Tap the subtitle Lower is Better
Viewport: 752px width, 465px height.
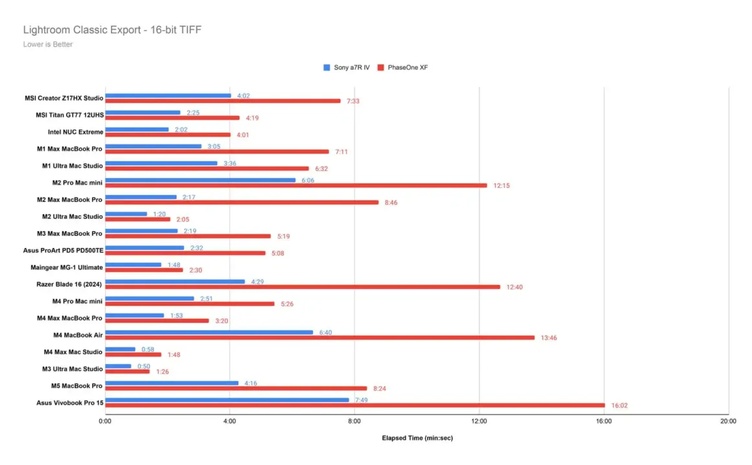pos(48,45)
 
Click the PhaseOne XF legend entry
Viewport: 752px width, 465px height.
pos(407,67)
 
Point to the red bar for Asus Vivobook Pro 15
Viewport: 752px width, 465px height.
pos(355,405)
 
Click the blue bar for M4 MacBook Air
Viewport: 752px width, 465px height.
pos(210,332)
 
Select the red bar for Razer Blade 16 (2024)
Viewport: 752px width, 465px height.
pos(303,287)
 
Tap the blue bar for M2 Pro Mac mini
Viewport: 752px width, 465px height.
pos(200,180)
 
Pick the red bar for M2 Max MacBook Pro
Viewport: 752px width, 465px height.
pos(242,202)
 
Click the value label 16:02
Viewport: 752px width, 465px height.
pos(619,405)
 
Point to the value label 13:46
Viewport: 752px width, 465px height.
pos(549,337)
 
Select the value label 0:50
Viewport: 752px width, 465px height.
pos(144,366)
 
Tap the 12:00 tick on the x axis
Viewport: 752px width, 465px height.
pos(479,421)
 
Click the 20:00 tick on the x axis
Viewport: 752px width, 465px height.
pos(728,421)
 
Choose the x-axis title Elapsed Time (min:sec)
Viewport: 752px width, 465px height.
pos(417,438)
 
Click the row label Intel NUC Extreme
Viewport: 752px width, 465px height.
pos(75,132)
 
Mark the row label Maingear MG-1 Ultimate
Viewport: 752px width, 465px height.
pos(67,267)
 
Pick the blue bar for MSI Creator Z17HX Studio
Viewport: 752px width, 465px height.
pos(168,95)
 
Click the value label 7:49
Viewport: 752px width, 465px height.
pos(361,400)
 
